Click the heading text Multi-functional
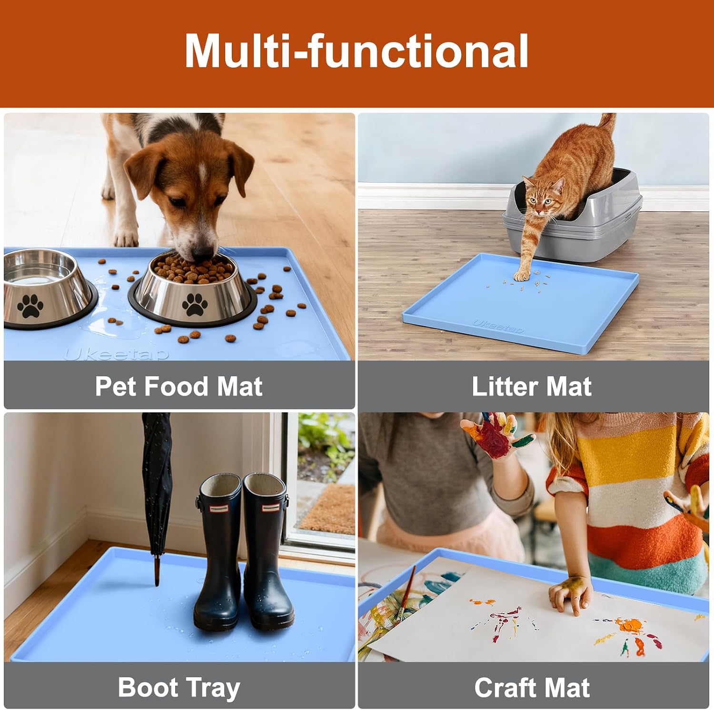tap(357, 51)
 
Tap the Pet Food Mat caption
tap(178, 386)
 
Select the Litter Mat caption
tap(532, 386)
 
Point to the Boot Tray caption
tap(179, 688)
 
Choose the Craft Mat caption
tap(532, 688)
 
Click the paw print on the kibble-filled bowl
tap(194, 304)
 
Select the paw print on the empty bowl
tap(30, 306)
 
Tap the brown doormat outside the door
tap(327, 509)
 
